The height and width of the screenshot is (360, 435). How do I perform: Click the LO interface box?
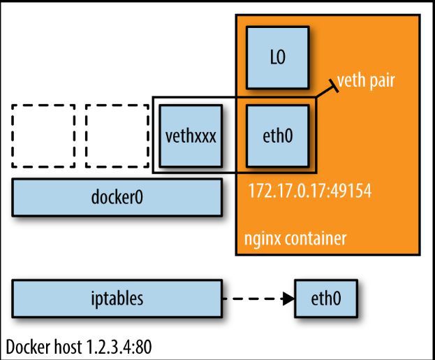coord(278,57)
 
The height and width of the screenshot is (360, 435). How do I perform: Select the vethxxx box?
coord(191,136)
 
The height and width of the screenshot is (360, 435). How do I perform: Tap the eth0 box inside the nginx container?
coord(278,136)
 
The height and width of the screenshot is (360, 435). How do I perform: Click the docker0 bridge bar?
coord(117,197)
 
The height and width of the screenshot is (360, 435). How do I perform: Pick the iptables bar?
coord(117,298)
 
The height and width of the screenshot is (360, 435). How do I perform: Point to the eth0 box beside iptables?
coord(326,298)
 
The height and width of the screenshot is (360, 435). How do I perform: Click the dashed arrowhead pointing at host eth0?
coord(288,299)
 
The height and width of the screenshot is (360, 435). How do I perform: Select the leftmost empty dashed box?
coord(43,136)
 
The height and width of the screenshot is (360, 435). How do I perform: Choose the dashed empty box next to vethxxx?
coord(117,136)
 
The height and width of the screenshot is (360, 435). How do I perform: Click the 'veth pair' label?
coord(366,81)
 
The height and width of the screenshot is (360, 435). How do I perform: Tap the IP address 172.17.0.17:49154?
coord(310,191)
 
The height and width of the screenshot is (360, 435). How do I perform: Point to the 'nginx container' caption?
coord(295,238)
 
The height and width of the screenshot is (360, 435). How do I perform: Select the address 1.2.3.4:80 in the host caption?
coord(119,347)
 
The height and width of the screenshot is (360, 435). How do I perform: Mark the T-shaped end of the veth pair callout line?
coord(333,86)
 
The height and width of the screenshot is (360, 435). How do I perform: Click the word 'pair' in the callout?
coord(381,81)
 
